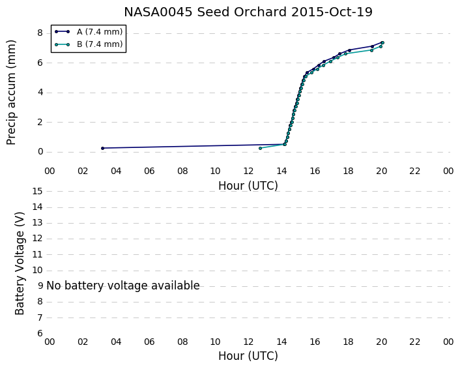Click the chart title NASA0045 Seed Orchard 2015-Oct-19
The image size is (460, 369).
pyautogui.click(x=248, y=12)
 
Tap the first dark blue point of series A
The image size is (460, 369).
pyautogui.click(x=102, y=148)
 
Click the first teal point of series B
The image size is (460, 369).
pyautogui.click(x=260, y=148)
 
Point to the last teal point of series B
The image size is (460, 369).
pyautogui.click(x=382, y=43)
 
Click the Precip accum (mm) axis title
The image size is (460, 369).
pyautogui.click(x=11, y=93)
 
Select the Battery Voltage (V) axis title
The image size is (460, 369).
pyautogui.click(x=20, y=263)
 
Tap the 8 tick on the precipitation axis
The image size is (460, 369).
pyautogui.click(x=40, y=33)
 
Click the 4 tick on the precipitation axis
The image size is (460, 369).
pyautogui.click(x=40, y=93)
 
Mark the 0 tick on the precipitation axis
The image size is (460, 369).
pyautogui.click(x=40, y=152)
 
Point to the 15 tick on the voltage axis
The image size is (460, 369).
pyautogui.click(x=37, y=192)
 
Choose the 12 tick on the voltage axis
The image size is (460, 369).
pyautogui.click(x=37, y=239)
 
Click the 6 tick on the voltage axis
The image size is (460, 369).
pyautogui.click(x=40, y=333)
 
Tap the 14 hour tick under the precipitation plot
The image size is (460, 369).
pyautogui.click(x=281, y=171)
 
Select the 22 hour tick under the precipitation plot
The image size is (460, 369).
pyautogui.click(x=414, y=171)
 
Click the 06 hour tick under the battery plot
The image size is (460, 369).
pyautogui.click(x=149, y=342)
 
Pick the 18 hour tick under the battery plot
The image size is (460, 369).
pyautogui.click(x=348, y=342)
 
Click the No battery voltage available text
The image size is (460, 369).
pyautogui.click(x=123, y=286)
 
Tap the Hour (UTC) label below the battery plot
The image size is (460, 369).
pyautogui.click(x=248, y=356)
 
